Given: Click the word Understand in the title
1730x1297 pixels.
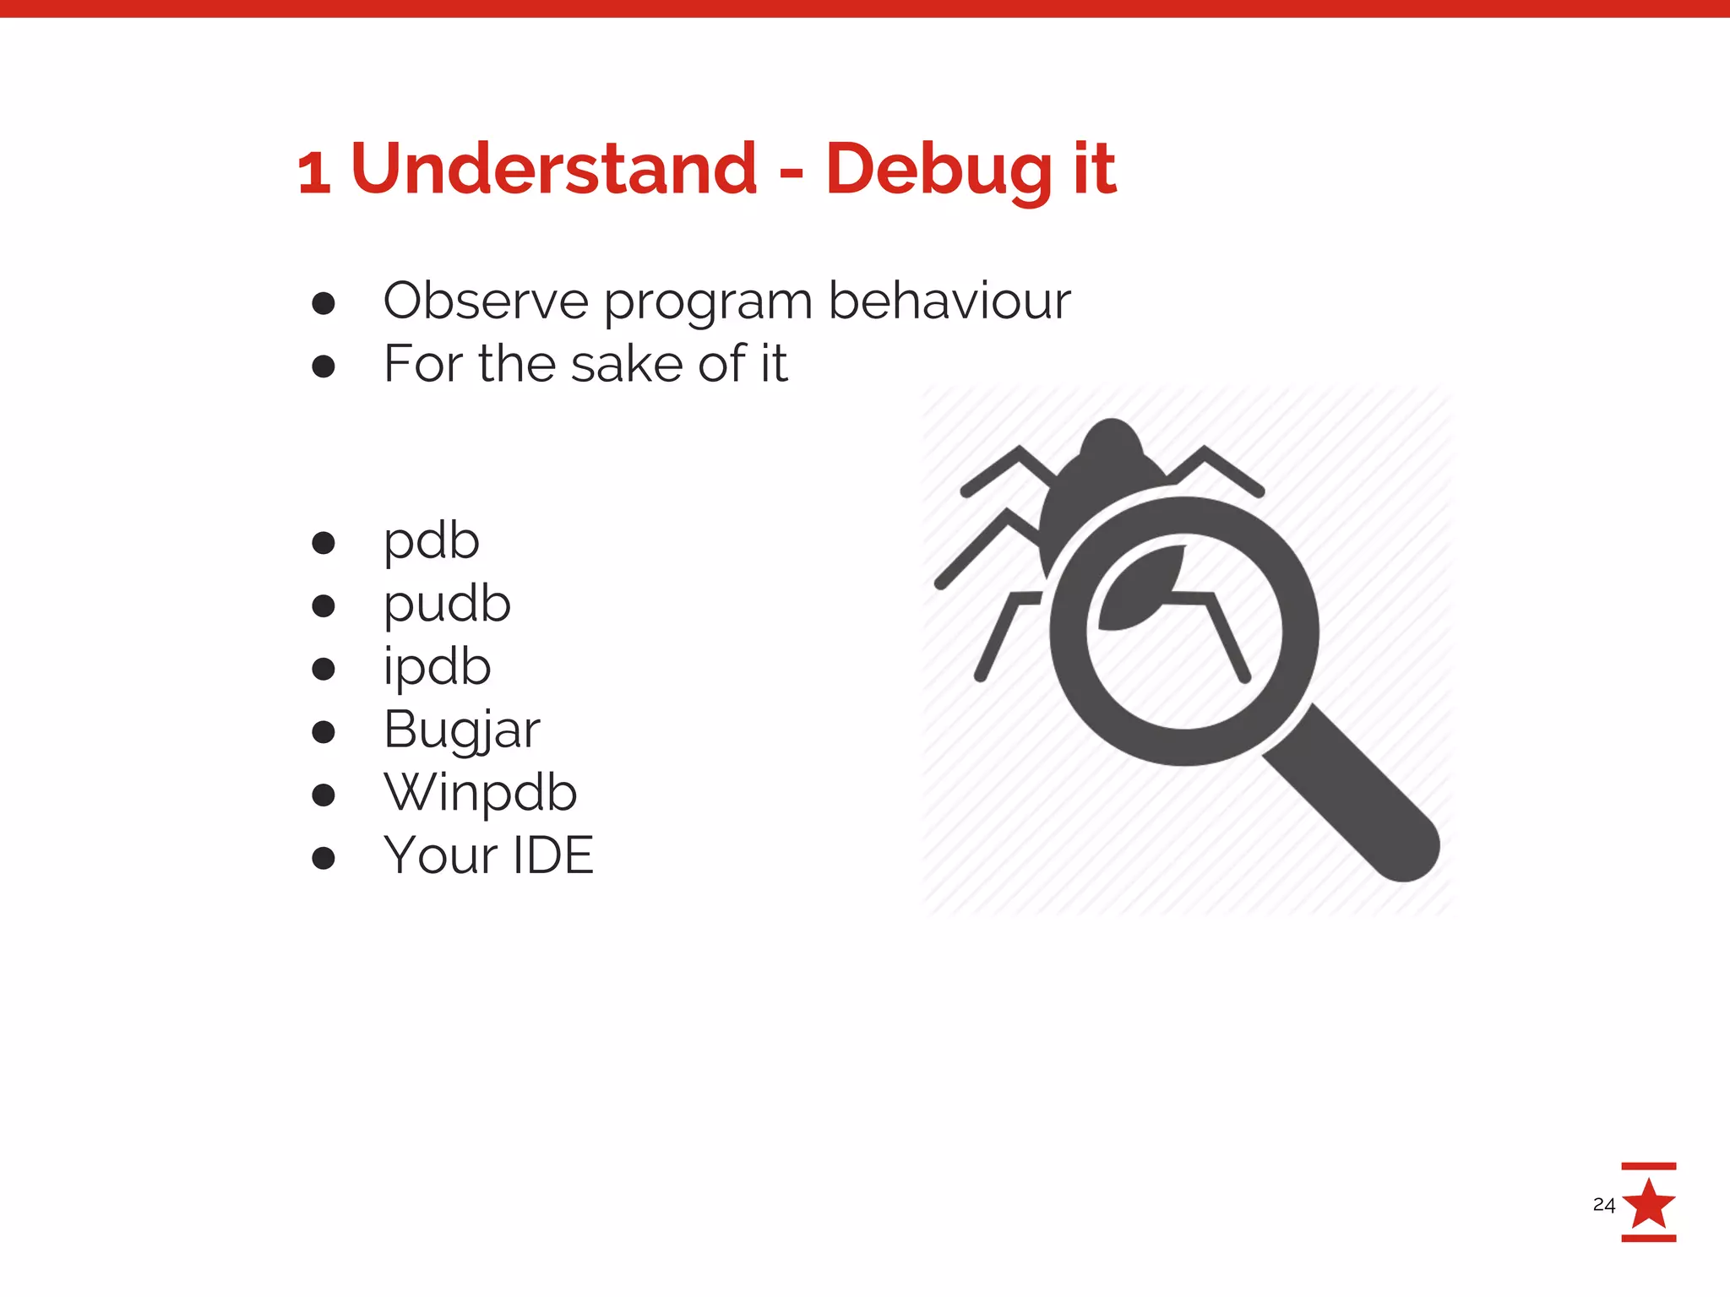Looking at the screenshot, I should pos(553,169).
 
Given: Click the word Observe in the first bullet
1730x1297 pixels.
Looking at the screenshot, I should pos(486,301).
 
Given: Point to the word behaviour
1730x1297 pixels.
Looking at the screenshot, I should pos(949,301).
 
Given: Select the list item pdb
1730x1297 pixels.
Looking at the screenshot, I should pos(432,542).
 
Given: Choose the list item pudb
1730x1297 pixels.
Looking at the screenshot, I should pos(447,605).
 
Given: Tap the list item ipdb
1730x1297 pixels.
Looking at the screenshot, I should pos(437,668).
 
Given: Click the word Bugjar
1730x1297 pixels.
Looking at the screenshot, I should pos(461,730).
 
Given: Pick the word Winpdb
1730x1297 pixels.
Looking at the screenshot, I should pos(480,794).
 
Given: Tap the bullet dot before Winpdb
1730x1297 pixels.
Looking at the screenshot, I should pos(324,795).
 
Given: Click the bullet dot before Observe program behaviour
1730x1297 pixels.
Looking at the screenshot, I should pos(324,303).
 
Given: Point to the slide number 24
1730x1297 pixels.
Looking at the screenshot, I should pos(1603,1205).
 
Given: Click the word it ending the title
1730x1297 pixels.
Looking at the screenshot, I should pos(1095,169).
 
